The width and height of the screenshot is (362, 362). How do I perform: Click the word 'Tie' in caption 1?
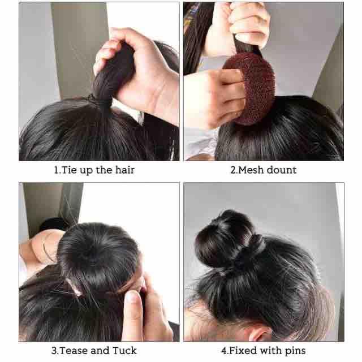(x=69, y=170)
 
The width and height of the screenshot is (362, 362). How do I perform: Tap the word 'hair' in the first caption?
(x=125, y=170)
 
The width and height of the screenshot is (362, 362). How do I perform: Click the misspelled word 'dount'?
(x=282, y=170)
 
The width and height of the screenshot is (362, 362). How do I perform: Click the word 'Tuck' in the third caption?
(x=124, y=351)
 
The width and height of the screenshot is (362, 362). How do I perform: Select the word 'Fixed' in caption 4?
(x=242, y=351)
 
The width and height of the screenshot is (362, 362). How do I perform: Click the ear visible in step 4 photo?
(x=260, y=333)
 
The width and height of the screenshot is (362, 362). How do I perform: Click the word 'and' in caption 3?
(x=100, y=351)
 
